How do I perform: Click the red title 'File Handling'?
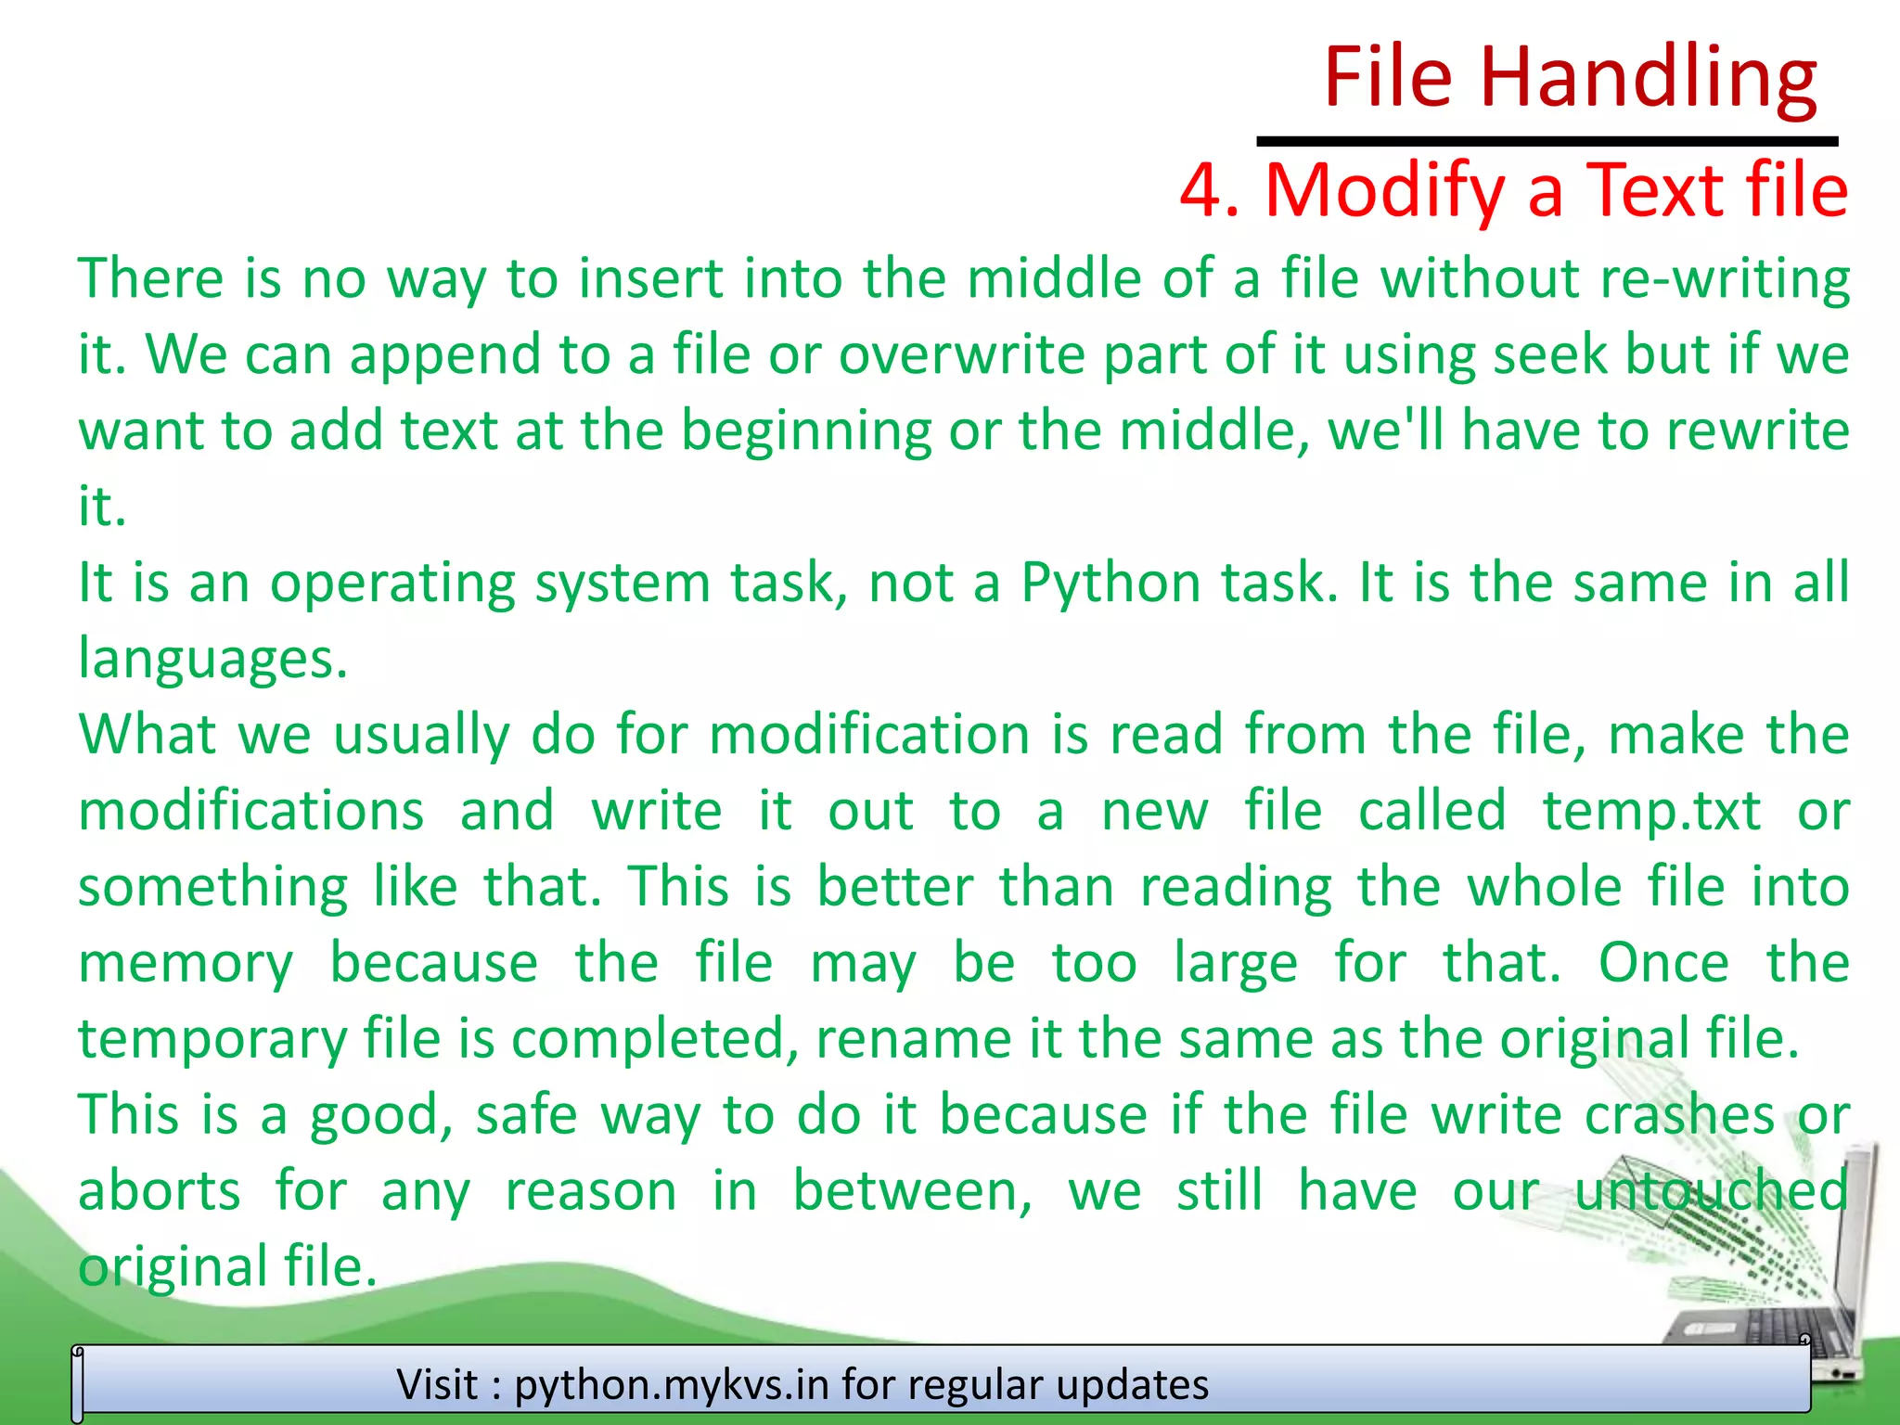click(x=1570, y=78)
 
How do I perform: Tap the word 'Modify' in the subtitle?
click(x=1384, y=191)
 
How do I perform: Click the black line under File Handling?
click(x=1547, y=142)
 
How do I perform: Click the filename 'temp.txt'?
click(x=1651, y=812)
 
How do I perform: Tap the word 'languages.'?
click(x=212, y=660)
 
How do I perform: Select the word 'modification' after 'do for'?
click(x=870, y=736)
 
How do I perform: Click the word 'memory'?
click(x=186, y=964)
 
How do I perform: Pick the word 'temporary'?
click(x=212, y=1040)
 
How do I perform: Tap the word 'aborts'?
click(x=159, y=1191)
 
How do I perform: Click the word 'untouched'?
click(x=1711, y=1191)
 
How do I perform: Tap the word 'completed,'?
click(x=655, y=1040)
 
